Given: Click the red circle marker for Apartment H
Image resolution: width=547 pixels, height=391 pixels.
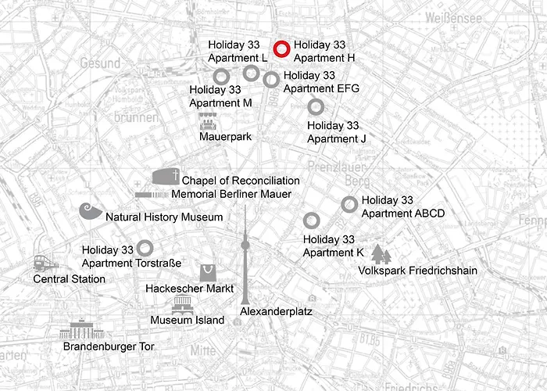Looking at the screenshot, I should (x=282, y=49).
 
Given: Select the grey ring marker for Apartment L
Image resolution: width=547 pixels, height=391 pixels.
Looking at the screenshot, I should (x=251, y=73).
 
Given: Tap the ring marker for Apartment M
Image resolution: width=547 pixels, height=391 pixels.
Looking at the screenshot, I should (x=221, y=76).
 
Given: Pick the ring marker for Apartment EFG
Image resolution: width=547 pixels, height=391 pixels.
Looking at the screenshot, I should (x=271, y=79).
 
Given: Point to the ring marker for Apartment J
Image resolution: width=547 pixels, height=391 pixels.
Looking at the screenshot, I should (x=316, y=107).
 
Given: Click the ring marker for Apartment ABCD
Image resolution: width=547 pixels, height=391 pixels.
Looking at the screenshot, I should (x=349, y=204).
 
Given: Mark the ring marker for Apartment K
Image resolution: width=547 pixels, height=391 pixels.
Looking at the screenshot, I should (x=311, y=220).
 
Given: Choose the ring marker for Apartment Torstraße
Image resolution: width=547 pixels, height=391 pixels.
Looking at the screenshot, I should (x=145, y=247).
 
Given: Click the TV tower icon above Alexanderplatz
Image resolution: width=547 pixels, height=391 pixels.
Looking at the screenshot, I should (x=245, y=254).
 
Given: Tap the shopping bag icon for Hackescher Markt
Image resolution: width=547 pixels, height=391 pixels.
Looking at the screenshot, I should (x=207, y=272).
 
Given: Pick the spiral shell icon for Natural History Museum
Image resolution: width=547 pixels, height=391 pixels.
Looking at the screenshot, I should (x=91, y=212).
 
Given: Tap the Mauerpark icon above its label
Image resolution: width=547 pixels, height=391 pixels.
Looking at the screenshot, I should (x=207, y=122).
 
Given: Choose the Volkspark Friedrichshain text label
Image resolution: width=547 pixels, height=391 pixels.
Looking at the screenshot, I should (x=417, y=271).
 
